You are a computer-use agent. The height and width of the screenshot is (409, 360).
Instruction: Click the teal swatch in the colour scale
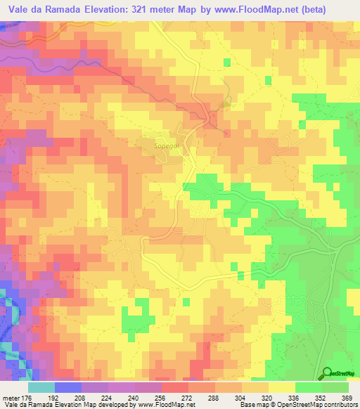[x=41, y=387]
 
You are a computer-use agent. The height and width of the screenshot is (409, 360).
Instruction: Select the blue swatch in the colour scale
[x=67, y=387]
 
